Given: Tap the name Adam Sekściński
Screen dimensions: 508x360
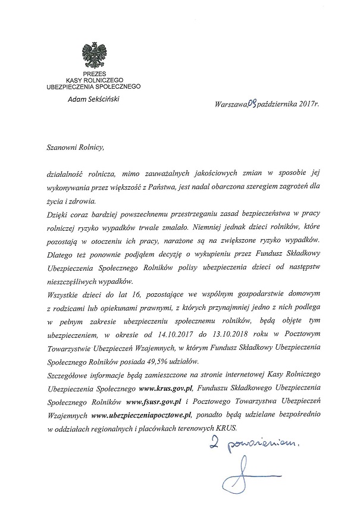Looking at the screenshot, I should point(93,98).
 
